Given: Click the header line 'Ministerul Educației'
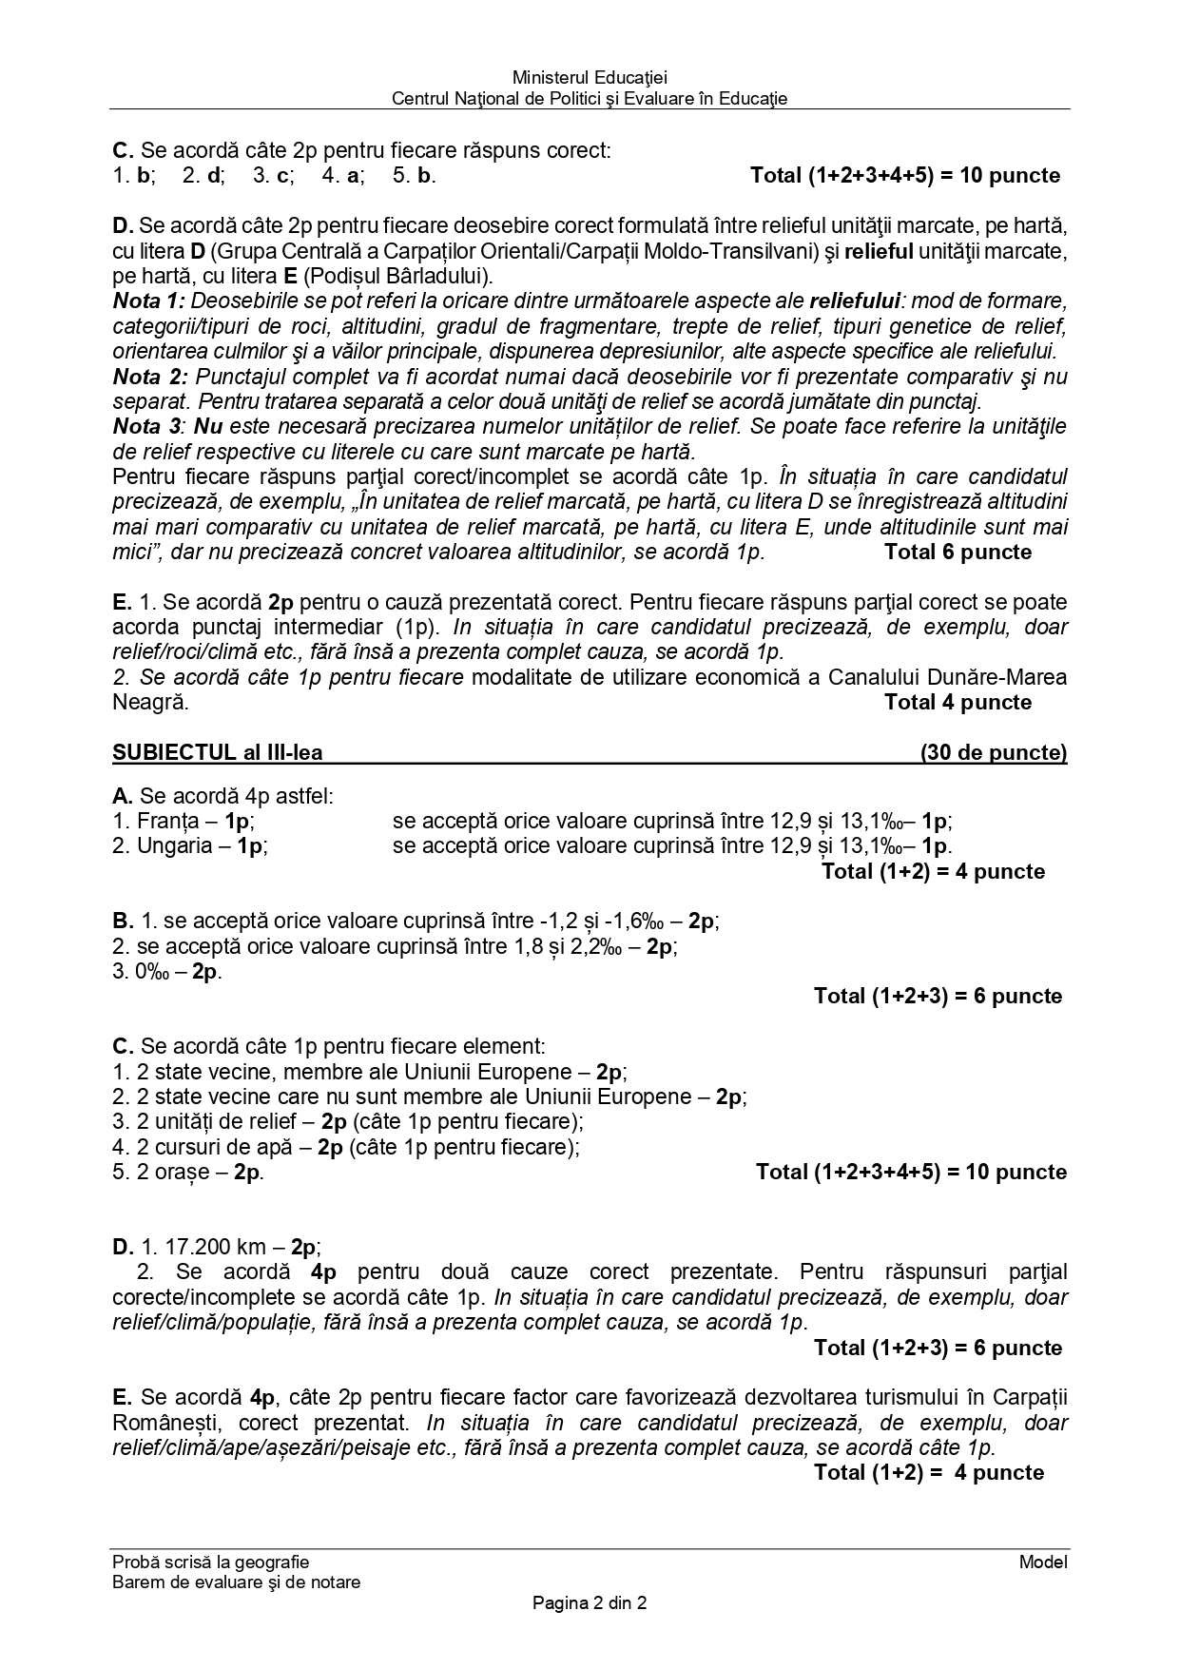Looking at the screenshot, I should (x=590, y=77).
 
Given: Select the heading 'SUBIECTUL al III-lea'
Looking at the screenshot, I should (x=217, y=753).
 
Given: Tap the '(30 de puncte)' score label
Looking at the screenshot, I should (x=993, y=753).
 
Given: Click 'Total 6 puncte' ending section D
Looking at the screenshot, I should (x=957, y=553).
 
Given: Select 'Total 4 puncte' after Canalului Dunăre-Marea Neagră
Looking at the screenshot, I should (x=957, y=703).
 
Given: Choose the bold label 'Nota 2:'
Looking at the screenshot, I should (x=150, y=377).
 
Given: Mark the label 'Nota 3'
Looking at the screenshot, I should (x=146, y=426).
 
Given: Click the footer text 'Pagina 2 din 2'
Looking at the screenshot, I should (x=590, y=1603).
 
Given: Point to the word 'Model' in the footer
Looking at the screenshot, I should (x=1042, y=1562).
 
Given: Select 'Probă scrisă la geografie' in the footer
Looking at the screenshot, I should (x=210, y=1562).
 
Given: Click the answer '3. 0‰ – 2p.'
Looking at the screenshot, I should (x=167, y=971).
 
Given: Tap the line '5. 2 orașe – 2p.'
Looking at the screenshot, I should (x=187, y=1172).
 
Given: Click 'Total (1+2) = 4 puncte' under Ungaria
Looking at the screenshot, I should (x=932, y=871).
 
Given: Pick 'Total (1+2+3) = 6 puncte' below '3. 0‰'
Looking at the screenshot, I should (x=938, y=996).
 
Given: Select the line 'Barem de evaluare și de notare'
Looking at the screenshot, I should (x=236, y=1582).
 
